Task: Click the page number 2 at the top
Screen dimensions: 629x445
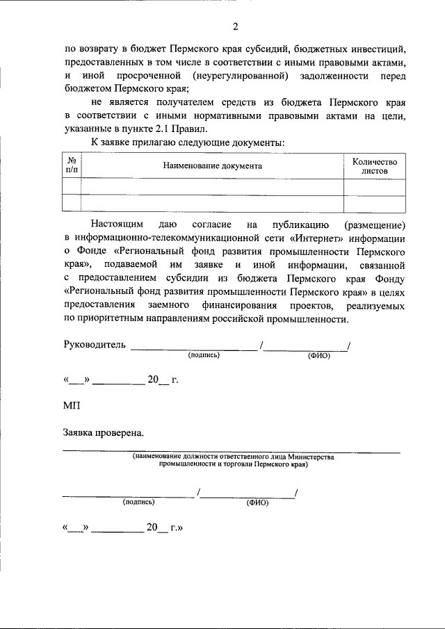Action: coord(235,27)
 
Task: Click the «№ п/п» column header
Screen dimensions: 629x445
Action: coord(71,165)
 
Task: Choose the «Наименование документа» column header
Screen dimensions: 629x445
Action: coord(212,166)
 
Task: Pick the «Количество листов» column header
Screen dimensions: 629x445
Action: coord(374,165)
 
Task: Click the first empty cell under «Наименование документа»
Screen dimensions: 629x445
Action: coord(212,186)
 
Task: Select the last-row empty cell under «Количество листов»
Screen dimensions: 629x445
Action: coord(374,202)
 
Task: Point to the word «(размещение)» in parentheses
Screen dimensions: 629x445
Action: coord(375,225)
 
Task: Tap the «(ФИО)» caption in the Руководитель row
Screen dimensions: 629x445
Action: coord(319,356)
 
